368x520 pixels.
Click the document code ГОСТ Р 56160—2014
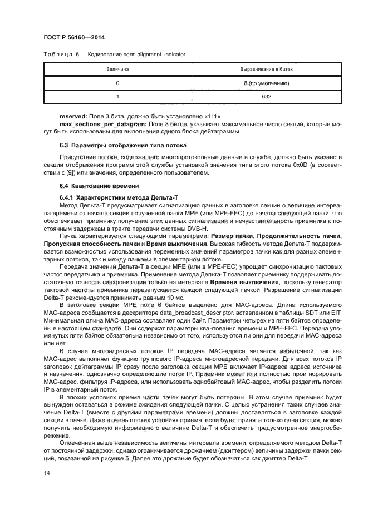[74, 37]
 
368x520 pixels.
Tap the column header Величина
[117, 70]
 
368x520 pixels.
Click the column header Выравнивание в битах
[266, 70]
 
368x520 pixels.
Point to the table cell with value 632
[266, 97]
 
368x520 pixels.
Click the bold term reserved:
[73, 116]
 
